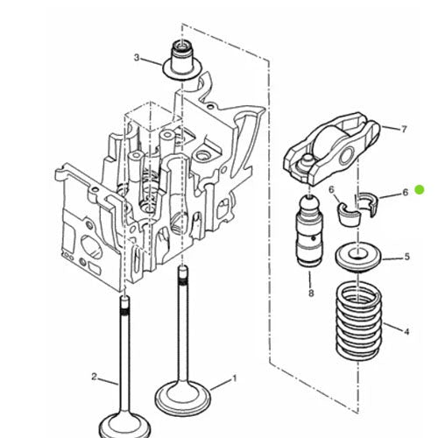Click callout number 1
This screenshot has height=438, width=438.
pos(234,379)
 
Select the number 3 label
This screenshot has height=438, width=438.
pos(136,58)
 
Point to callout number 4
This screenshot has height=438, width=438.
pos(406,331)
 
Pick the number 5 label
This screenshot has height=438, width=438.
pos(406,257)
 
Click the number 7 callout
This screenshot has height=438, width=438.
pos(404,129)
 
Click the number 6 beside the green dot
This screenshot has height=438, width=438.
pos(404,192)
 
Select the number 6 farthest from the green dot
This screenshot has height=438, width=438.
pos(332,189)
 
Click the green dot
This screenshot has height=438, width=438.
pos(420,189)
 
